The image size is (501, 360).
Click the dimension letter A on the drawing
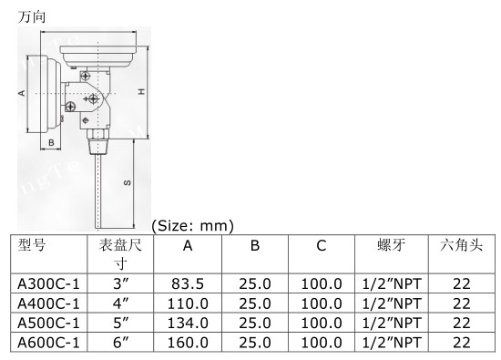(x=22, y=93)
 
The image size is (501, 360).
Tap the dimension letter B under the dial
(x=51, y=142)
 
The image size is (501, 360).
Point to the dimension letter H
(x=141, y=92)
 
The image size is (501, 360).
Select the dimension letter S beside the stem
(x=128, y=182)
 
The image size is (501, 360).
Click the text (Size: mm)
(x=193, y=226)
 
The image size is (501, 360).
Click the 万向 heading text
(x=32, y=16)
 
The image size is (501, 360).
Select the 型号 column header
(x=32, y=245)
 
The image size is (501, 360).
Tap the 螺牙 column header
(x=392, y=245)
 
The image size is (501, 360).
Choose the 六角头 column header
(x=461, y=245)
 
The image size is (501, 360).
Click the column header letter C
(x=322, y=245)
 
